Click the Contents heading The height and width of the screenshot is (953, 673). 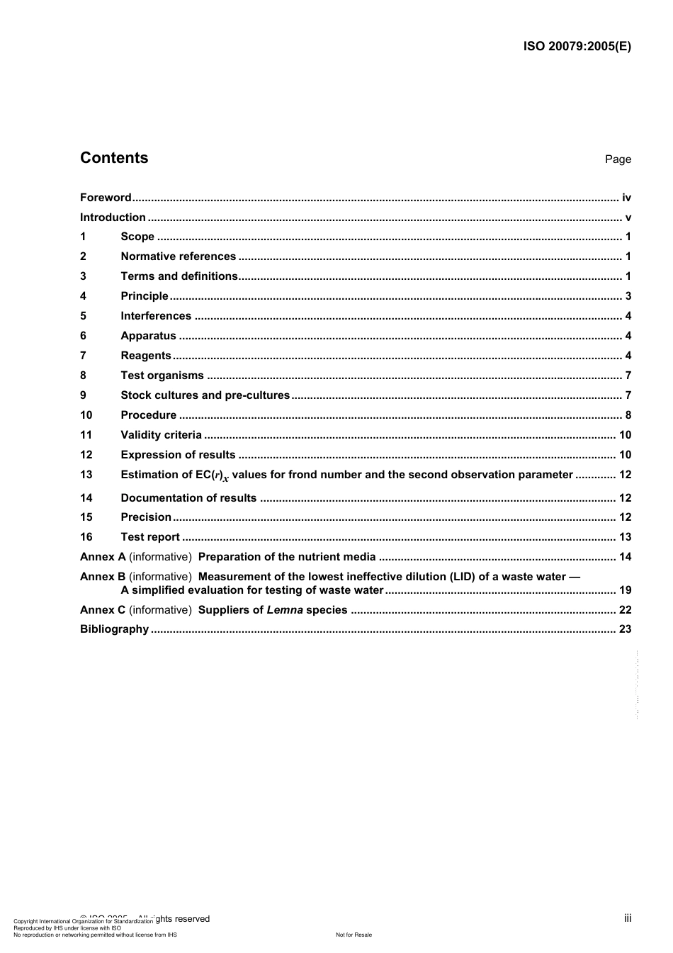[x=114, y=158]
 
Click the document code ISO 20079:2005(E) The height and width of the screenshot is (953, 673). [x=577, y=47]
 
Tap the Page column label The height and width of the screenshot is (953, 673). [x=618, y=159]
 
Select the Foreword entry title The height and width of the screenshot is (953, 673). [x=106, y=198]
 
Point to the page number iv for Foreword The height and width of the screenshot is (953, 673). [x=626, y=198]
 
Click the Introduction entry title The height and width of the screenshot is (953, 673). [x=113, y=218]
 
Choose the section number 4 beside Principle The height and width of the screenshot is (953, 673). [x=83, y=296]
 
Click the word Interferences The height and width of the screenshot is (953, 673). [x=156, y=316]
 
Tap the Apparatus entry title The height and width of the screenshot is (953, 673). [x=148, y=336]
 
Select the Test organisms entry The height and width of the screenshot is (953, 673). [x=162, y=376]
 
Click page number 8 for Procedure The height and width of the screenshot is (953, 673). [x=628, y=415]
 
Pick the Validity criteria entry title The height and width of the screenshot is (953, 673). [x=161, y=435]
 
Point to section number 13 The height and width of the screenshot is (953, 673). [x=86, y=475]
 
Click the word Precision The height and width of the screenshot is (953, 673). [x=146, y=517]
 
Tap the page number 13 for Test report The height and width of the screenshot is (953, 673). [x=625, y=537]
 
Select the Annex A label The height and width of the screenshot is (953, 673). [x=103, y=557]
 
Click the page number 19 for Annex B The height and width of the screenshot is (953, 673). [x=625, y=590]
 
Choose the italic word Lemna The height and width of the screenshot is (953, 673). [x=285, y=610]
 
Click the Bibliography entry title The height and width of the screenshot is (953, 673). [x=114, y=629]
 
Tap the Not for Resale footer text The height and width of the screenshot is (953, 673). [x=354, y=935]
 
